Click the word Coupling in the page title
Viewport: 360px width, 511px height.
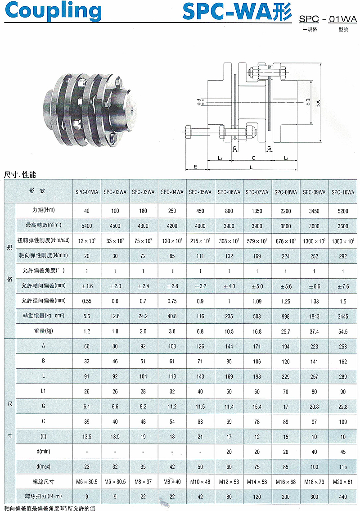tap(53, 11)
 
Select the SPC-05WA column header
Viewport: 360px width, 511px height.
tap(200, 192)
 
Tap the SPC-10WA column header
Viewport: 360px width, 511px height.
tap(343, 192)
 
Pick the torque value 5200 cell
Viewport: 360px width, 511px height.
tap(343, 211)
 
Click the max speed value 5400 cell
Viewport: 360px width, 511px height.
tap(87, 226)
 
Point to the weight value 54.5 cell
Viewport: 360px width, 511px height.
tap(343, 331)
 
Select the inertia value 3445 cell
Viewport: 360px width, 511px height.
tap(343, 317)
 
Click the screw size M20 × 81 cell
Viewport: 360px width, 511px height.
tap(343, 482)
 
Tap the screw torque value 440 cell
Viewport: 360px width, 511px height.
tap(343, 497)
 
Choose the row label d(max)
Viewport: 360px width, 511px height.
tap(43, 466)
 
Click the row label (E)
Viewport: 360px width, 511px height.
tap(43, 436)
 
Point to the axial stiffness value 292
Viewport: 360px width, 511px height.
tap(343, 256)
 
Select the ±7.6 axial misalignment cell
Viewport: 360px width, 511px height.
tap(343, 286)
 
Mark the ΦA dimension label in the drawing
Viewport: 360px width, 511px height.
tap(318, 104)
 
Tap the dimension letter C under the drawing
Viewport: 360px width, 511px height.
tap(253, 158)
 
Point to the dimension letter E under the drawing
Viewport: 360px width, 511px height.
tap(195, 167)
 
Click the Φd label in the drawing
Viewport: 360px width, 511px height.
tap(199, 102)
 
